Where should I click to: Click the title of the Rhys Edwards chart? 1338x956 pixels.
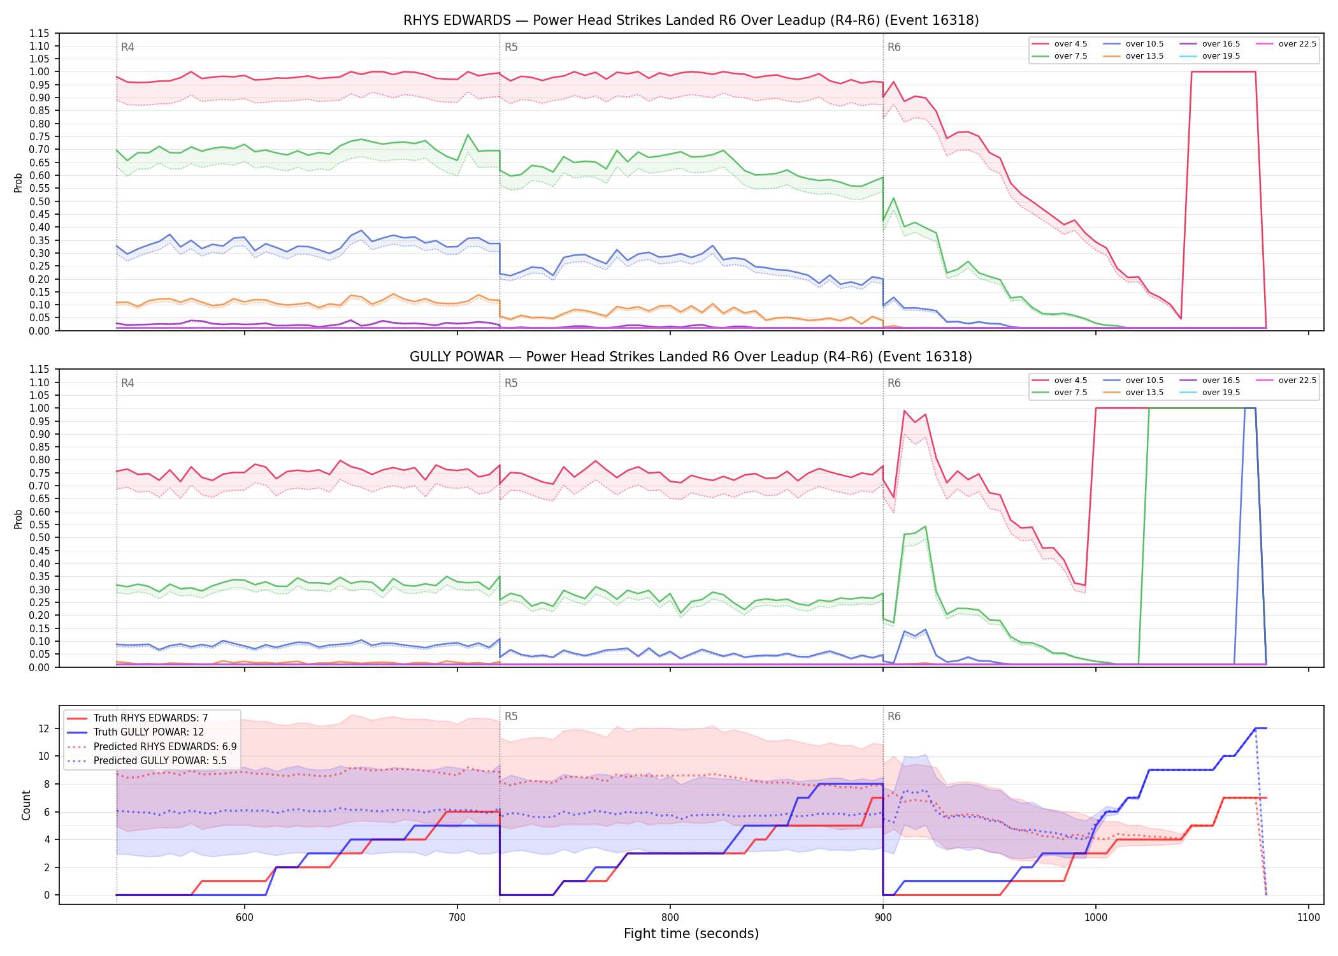[691, 20]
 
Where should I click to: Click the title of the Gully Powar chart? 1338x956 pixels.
[691, 357]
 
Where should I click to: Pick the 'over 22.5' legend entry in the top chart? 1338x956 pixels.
[1286, 44]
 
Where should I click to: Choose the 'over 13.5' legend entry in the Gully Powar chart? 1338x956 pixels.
[1133, 393]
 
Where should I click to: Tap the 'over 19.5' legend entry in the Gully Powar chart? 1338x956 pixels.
[1210, 393]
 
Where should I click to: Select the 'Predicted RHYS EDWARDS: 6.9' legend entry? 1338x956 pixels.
[152, 746]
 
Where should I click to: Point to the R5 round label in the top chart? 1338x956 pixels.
[511, 47]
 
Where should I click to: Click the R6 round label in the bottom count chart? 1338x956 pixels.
[894, 716]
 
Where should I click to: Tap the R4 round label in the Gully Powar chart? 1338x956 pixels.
[127, 383]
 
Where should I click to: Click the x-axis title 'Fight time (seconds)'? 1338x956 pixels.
[691, 934]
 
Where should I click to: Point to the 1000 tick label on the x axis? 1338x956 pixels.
[1096, 917]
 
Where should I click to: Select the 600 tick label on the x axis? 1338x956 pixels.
[245, 917]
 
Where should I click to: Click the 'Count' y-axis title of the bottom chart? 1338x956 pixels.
[26, 805]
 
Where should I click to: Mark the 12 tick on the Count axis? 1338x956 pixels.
[44, 728]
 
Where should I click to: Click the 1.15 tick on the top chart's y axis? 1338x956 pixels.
[40, 33]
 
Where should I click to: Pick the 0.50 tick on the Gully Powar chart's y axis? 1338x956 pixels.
[40, 537]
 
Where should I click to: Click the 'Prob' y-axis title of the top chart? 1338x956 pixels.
[18, 182]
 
